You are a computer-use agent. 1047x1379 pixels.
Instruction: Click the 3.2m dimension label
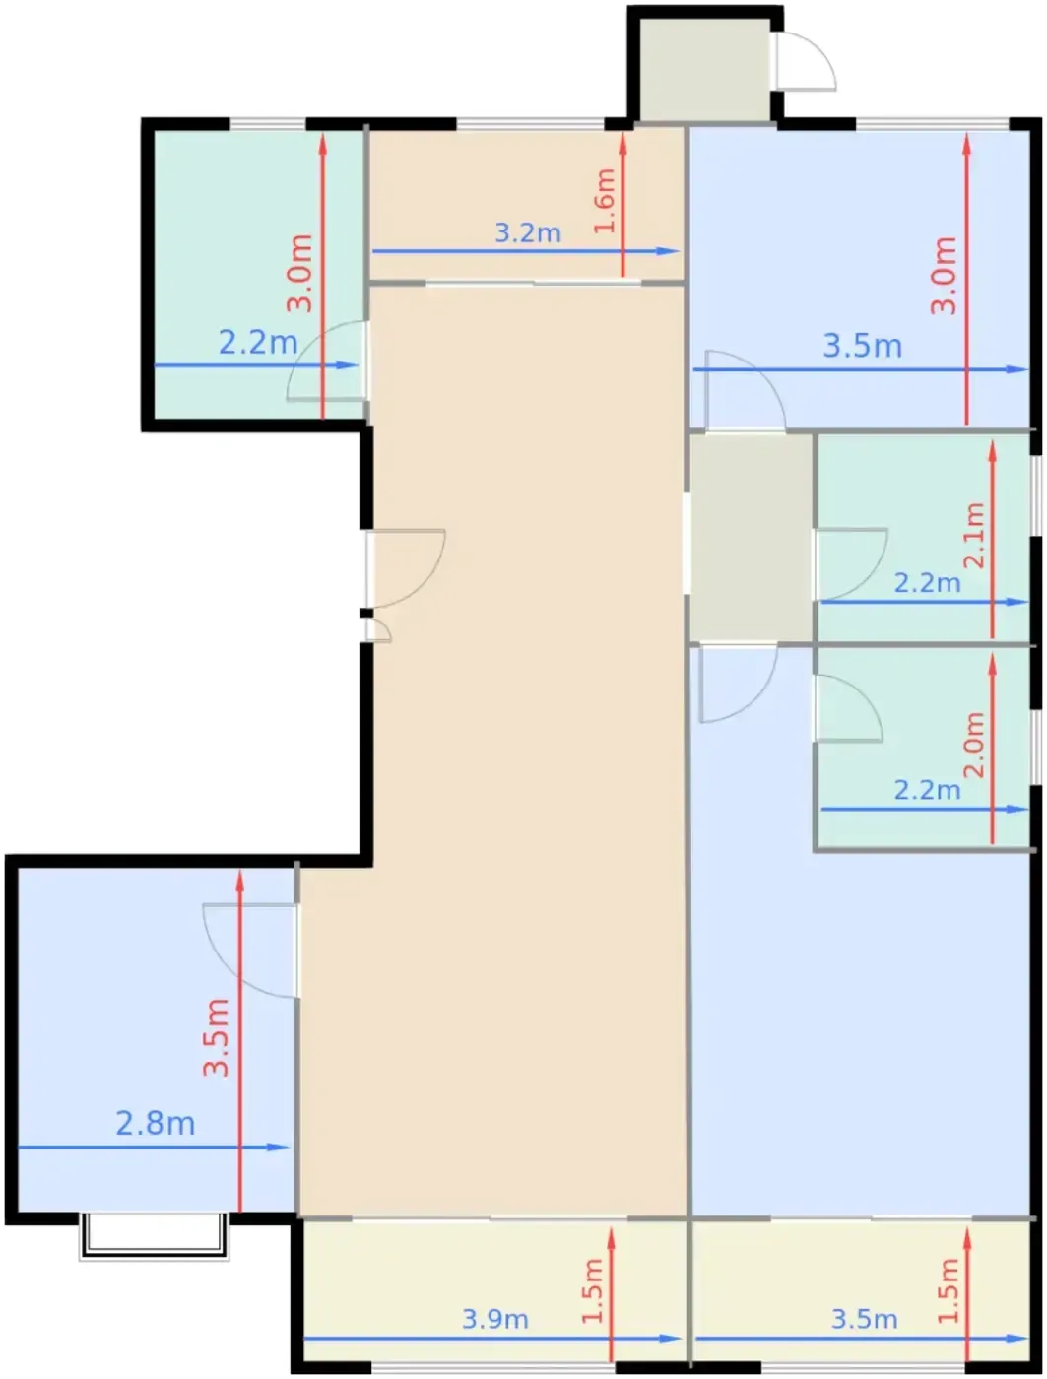(528, 233)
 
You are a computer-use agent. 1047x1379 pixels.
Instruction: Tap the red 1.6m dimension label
(605, 200)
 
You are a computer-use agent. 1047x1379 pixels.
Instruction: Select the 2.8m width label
(156, 1123)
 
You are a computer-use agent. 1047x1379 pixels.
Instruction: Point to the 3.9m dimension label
(494, 1319)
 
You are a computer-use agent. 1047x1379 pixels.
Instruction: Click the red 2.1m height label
(974, 535)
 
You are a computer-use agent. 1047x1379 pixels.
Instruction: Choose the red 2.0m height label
(974, 745)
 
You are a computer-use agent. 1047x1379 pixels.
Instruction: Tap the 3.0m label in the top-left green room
(299, 273)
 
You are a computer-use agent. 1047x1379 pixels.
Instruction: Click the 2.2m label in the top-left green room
(257, 343)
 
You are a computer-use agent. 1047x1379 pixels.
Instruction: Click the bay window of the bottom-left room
(154, 1236)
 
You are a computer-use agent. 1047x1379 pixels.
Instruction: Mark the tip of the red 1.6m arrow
(622, 133)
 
